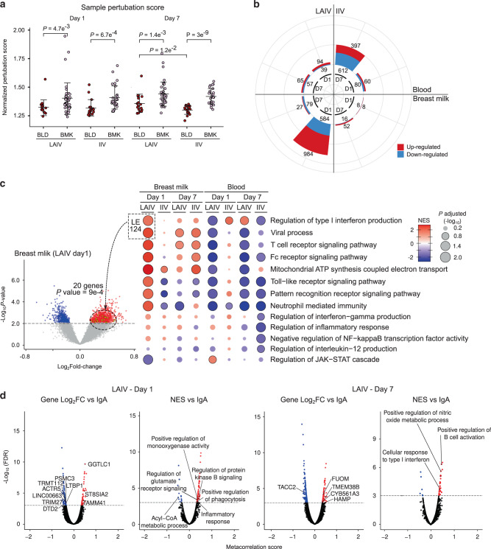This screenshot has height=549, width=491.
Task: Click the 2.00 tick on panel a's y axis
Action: point(22,29)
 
